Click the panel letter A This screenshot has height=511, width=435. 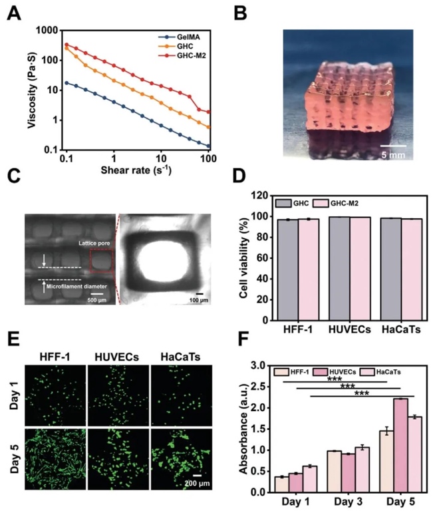pos(14,13)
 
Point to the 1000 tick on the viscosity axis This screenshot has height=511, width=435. pos(44,30)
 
